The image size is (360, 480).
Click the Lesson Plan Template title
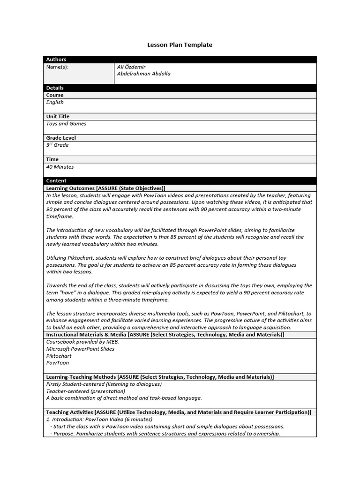(x=180, y=45)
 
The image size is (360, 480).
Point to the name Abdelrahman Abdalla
(x=143, y=74)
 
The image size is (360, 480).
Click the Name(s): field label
(x=57, y=67)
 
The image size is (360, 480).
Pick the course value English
(x=55, y=103)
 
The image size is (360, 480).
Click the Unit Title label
(x=58, y=117)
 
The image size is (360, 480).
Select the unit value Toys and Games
(x=66, y=124)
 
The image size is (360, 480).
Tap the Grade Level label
(x=61, y=138)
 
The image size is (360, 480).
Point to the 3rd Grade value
(x=57, y=145)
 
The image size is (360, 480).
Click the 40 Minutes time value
(x=60, y=167)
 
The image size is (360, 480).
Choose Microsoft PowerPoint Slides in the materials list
(x=80, y=349)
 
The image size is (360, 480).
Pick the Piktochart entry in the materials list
(x=59, y=356)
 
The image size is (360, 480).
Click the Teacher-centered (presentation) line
(x=86, y=391)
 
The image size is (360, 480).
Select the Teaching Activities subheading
(x=178, y=412)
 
